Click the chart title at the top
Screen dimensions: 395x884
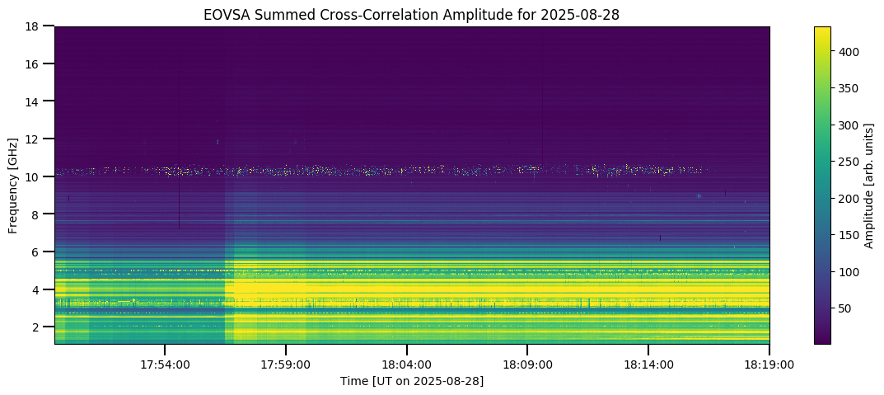click(412, 14)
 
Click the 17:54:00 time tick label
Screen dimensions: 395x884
click(165, 364)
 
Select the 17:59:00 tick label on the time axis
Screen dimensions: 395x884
click(286, 364)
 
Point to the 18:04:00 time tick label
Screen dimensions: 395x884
click(407, 364)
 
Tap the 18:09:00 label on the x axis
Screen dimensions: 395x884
click(528, 364)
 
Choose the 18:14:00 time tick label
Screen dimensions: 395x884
click(649, 364)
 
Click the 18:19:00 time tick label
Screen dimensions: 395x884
click(769, 364)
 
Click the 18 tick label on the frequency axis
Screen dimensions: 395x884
click(33, 26)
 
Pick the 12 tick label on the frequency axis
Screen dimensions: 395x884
click(33, 139)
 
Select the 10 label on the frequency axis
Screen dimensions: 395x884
click(33, 176)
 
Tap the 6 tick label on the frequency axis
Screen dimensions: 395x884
click(36, 252)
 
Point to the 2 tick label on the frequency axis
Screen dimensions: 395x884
click(36, 327)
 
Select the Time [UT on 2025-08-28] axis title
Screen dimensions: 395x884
click(412, 381)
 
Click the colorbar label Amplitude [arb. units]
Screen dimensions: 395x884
click(868, 185)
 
